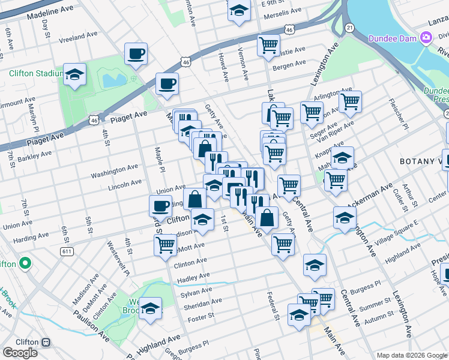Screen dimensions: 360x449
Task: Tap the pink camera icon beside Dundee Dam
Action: pyautogui.click(x=426, y=37)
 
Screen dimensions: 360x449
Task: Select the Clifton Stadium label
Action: pyautogui.click(x=36, y=74)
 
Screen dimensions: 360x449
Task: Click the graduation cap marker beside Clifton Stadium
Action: pyautogui.click(x=75, y=75)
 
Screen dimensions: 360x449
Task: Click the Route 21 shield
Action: pyautogui.click(x=349, y=28)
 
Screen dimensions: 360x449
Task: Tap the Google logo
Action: pyautogui.click(x=20, y=353)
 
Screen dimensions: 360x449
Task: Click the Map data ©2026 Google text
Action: pyautogui.click(x=411, y=355)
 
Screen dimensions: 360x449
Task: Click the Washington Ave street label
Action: pyautogui.click(x=111, y=173)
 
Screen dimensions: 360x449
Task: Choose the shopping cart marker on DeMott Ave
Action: pyautogui.click(x=165, y=245)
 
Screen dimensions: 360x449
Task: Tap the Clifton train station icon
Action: pyautogui.click(x=46, y=341)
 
